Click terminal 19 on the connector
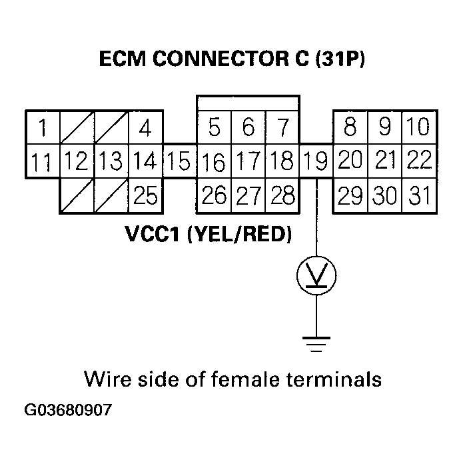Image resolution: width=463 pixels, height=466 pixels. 316,161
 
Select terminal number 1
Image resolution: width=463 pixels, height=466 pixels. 43,127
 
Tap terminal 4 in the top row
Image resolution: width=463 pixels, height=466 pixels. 146,127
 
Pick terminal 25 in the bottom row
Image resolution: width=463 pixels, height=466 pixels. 146,195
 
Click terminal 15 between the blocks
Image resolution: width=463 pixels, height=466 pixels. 180,161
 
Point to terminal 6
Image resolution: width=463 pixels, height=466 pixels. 248,127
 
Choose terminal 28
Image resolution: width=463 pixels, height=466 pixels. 282,195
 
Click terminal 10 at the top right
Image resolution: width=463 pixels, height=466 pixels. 418,126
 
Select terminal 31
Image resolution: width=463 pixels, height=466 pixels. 418,195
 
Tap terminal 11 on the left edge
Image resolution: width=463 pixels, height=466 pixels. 43,161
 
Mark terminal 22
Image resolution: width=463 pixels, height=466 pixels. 418,161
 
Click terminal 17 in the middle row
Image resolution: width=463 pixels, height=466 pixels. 248,161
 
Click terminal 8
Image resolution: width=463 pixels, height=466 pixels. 350,126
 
